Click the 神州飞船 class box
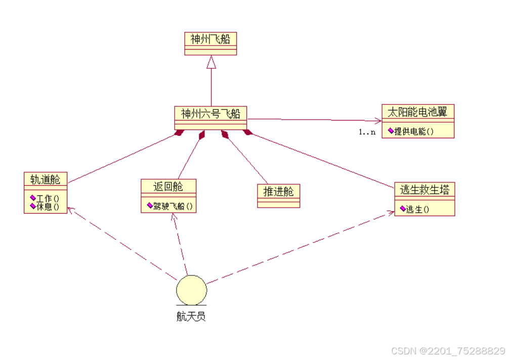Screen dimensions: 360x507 tap(210, 43)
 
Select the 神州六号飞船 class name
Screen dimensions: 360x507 tap(210, 113)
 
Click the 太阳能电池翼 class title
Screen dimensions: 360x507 tap(417, 112)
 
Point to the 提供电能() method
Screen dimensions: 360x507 tap(414, 131)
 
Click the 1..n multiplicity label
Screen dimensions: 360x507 tap(367, 132)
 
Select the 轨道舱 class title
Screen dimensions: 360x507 tap(46, 179)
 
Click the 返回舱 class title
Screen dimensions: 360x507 tap(168, 187)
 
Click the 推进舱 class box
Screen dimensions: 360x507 tap(278, 195)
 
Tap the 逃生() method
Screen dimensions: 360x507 tap(418, 209)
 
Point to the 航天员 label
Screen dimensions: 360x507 tap(191, 317)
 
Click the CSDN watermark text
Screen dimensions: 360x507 tap(448, 351)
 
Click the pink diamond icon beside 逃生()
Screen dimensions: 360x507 tap(403, 208)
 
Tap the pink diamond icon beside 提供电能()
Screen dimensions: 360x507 tap(391, 131)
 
